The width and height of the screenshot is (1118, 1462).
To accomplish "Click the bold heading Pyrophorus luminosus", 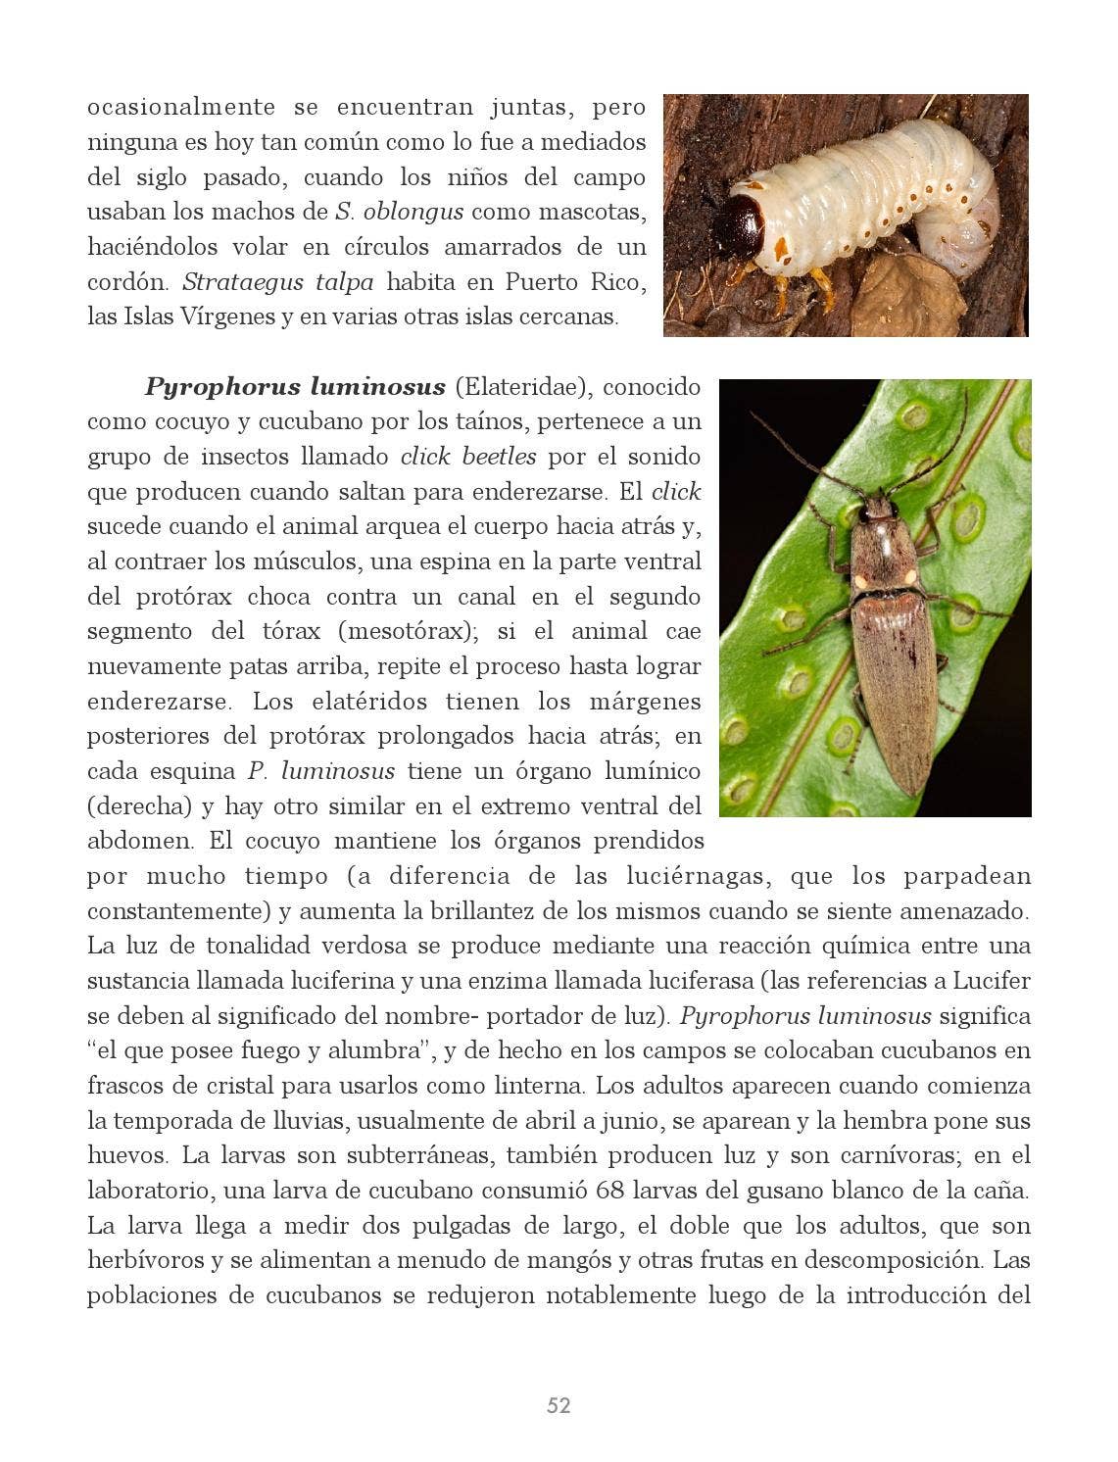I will pyautogui.click(x=294, y=387).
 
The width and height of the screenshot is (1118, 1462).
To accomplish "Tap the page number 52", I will pyautogui.click(x=559, y=1405).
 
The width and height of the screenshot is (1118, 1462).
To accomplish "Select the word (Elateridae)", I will pyautogui.click(x=522, y=387).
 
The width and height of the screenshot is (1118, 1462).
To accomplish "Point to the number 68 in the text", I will pyautogui.click(x=608, y=1191).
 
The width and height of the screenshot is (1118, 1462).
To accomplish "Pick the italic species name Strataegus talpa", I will pyautogui.click(x=277, y=282).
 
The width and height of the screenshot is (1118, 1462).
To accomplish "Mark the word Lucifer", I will pyautogui.click(x=992, y=981).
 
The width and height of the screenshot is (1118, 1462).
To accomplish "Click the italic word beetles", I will pyautogui.click(x=499, y=457).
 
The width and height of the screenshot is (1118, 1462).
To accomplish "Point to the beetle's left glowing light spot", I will pyautogui.click(x=861, y=580).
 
